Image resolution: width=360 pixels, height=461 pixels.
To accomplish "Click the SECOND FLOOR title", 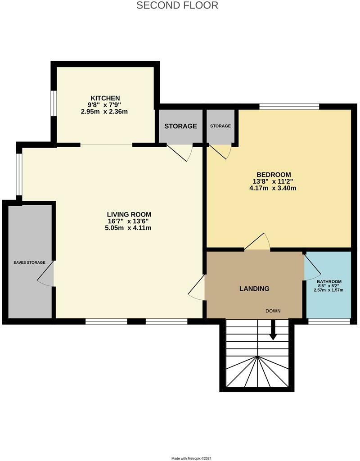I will [177, 5].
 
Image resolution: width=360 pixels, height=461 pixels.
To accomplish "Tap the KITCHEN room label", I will [105, 98].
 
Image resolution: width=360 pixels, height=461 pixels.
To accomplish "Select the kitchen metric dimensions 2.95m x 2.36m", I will [104, 111].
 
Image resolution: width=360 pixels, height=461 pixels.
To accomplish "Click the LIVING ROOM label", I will [129, 214].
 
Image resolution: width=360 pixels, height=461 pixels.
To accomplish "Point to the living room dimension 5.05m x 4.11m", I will [129, 228].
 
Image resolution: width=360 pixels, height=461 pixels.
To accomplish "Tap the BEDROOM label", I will [274, 175].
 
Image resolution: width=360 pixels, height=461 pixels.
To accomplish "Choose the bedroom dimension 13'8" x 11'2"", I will [274, 182].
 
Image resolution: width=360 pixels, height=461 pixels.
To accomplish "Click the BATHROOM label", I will [329, 282].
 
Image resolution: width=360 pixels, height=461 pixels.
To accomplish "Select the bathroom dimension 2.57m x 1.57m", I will [329, 290].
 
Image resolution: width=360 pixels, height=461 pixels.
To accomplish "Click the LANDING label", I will [254, 289].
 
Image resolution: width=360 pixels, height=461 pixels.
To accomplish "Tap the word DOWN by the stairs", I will [273, 311].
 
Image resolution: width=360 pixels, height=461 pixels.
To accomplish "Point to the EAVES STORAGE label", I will [29, 262].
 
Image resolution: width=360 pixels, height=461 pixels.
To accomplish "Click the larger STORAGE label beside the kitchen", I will [180, 126].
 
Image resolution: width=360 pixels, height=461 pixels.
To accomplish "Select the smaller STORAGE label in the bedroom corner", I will [220, 126].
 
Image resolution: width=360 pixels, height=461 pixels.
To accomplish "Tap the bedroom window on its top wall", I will [289, 107].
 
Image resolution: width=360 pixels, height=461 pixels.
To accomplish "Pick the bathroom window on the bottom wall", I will [329, 321].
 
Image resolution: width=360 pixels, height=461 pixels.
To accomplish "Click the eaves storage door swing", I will [45, 274].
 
